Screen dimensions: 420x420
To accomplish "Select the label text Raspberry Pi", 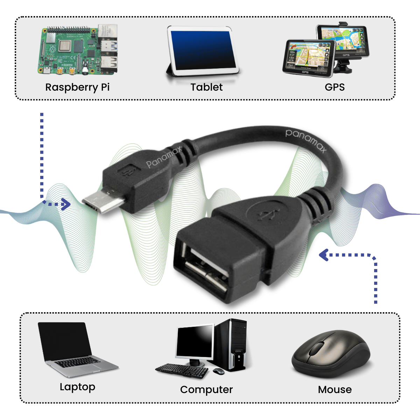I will pos(77,87).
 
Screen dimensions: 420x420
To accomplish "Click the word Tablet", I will pos(206,87).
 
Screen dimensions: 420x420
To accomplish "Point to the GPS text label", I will pos(335,87).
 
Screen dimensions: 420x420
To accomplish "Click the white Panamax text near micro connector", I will pos(164,157).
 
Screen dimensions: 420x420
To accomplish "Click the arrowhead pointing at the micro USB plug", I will pos(65,204).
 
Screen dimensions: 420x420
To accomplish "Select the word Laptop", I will pos(77,387).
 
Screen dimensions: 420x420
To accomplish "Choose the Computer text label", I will pos(206,390).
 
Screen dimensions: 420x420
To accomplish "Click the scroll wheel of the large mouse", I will pos(317,348).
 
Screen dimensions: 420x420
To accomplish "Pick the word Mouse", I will pos(335,390).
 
